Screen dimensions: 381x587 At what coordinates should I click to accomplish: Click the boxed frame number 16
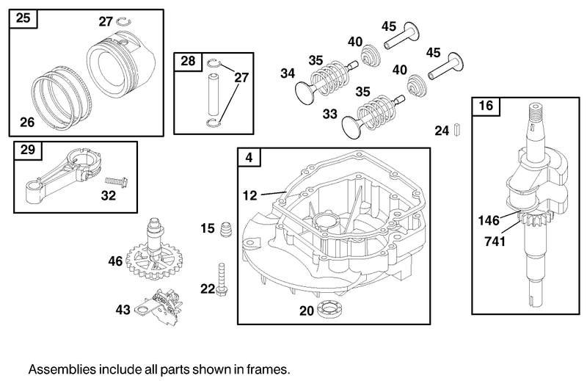(x=485, y=105)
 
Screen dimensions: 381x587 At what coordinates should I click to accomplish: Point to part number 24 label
(x=441, y=131)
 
